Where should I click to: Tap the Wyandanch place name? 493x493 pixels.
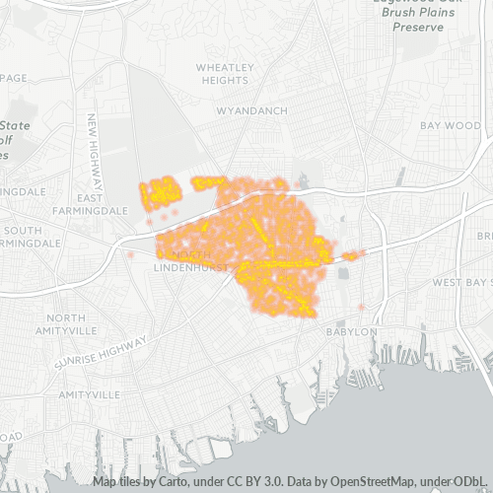tap(252, 110)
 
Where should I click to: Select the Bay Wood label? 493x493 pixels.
tap(450, 126)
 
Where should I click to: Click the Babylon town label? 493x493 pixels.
tap(352, 332)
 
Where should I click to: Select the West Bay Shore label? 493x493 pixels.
tap(460, 283)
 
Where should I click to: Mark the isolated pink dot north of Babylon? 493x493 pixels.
tap(362, 308)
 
